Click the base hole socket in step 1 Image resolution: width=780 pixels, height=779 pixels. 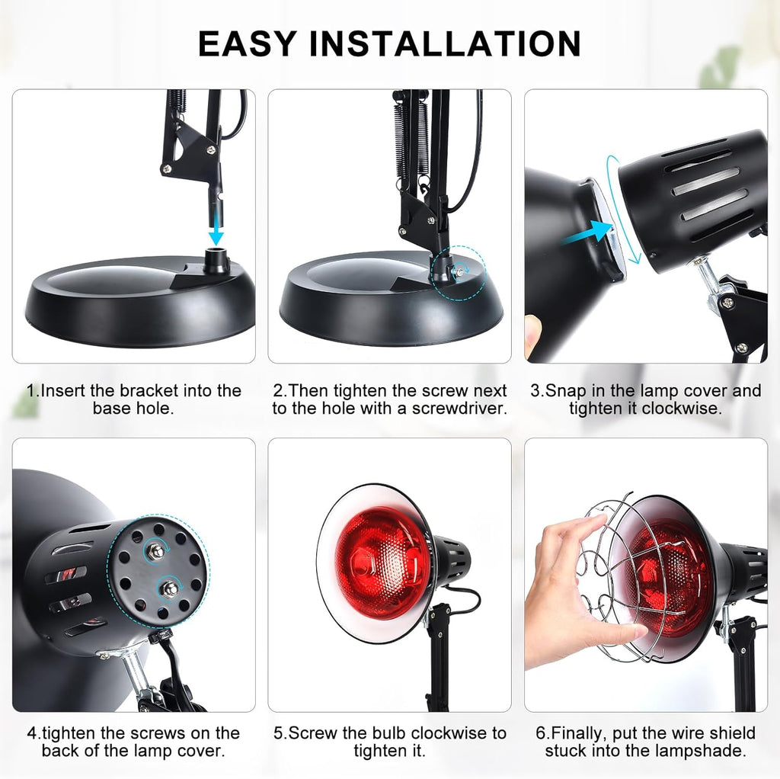(217, 261)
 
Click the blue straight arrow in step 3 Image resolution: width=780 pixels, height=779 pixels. (588, 233)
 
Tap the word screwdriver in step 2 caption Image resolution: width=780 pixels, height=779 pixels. (462, 409)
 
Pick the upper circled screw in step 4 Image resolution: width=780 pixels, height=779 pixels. (156, 550)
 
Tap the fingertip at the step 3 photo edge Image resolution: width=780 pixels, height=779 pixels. (530, 335)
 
